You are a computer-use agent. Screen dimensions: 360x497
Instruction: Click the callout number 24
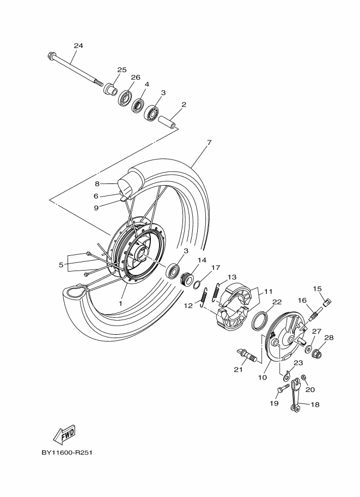click(x=78, y=46)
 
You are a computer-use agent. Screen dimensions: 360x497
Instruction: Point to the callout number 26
click(x=136, y=77)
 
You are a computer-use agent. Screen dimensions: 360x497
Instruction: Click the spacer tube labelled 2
click(x=167, y=122)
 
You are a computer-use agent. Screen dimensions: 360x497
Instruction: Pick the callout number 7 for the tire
click(x=209, y=142)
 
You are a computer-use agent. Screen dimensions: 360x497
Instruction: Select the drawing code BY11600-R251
click(x=67, y=452)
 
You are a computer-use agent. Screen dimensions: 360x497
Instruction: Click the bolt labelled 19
click(x=284, y=388)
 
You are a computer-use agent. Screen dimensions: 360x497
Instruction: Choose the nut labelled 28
click(x=317, y=352)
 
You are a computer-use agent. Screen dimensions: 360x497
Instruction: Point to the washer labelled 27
click(x=308, y=349)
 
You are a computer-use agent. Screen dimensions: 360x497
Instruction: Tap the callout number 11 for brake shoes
click(x=269, y=291)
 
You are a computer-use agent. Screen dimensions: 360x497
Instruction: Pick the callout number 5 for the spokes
click(x=61, y=265)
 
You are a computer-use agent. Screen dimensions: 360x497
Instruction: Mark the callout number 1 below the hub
click(x=120, y=303)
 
